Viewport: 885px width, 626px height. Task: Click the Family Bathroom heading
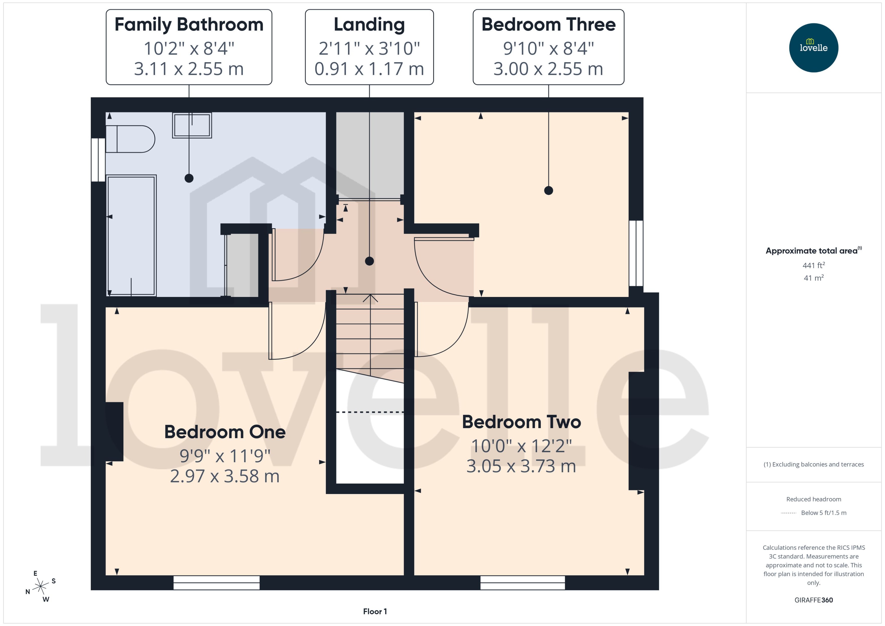(189, 25)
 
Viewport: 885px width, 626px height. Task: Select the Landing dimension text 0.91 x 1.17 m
(369, 69)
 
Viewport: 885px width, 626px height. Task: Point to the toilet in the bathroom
(130, 139)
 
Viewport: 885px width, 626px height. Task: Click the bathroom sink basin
(192, 125)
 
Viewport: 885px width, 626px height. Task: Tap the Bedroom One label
(225, 432)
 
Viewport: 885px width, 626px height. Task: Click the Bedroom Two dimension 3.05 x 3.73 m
(521, 466)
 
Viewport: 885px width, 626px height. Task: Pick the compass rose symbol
(40, 586)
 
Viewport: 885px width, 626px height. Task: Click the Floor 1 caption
(374, 611)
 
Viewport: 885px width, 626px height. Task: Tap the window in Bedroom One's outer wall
(216, 583)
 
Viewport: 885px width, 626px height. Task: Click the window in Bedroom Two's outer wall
(522, 583)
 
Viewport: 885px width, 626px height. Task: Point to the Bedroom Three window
(636, 253)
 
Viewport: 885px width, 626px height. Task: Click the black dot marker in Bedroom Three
(548, 190)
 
